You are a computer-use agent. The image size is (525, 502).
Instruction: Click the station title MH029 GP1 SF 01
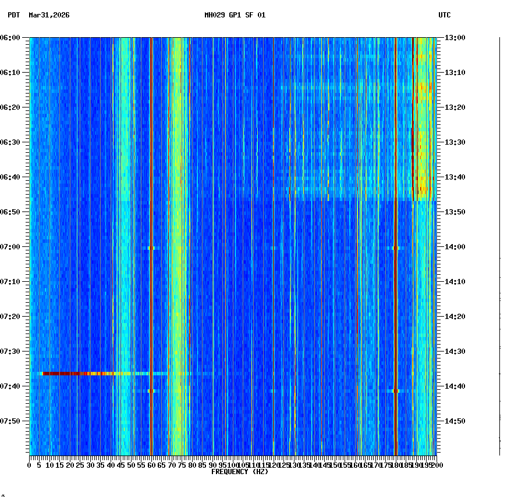pos(235,15)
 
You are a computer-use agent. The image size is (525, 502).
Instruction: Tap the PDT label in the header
pos(13,15)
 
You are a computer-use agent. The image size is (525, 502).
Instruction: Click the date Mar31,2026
pos(49,15)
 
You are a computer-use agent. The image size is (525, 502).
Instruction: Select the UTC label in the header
pos(444,15)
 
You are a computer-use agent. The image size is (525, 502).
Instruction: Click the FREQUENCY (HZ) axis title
pos(240,472)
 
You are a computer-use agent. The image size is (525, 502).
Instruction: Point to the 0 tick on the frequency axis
pos(30,465)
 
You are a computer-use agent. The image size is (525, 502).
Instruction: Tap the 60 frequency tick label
pos(151,465)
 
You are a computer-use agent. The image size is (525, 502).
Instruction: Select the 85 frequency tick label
pos(202,465)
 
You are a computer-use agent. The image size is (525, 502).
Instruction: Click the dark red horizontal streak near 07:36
pos(64,373)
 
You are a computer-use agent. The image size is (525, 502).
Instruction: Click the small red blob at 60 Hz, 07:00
pos(151,248)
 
